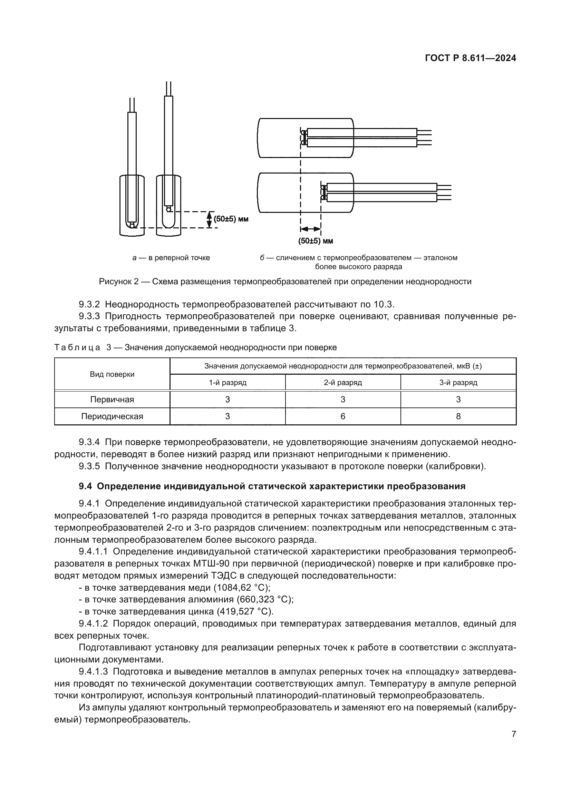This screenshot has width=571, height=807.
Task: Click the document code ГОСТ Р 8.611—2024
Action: (470, 58)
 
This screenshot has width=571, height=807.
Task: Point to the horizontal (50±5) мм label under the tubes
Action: (316, 241)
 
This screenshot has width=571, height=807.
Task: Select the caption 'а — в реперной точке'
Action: (171, 258)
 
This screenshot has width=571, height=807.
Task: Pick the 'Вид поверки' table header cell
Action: (112, 374)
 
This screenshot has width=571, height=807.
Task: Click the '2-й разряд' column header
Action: (343, 382)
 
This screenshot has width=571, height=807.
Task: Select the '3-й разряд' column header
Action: (458, 382)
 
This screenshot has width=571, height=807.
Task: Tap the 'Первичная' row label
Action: (112, 399)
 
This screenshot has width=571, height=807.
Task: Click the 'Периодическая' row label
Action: (112, 416)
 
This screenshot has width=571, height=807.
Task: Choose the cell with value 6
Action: (343, 416)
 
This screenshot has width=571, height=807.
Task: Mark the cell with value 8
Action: (458, 416)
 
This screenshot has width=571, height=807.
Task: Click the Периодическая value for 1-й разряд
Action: (228, 416)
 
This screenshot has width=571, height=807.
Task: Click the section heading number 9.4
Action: (85, 486)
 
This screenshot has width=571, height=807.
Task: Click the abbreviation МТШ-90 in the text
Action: (211, 563)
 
